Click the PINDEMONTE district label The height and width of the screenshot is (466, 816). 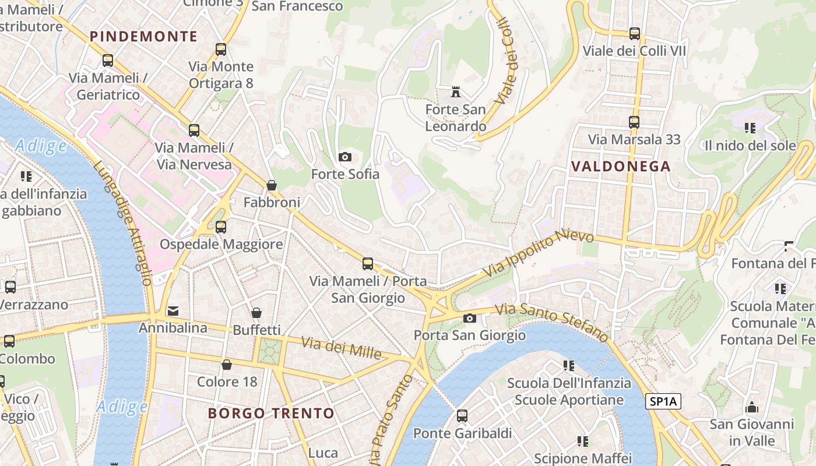click(x=143, y=36)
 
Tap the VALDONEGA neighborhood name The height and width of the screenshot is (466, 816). click(x=621, y=166)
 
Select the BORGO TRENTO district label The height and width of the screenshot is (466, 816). click(x=271, y=414)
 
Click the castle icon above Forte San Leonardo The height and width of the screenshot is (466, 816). click(x=456, y=92)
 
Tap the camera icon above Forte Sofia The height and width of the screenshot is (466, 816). click(x=345, y=157)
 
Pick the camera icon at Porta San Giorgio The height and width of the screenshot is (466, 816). click(x=469, y=318)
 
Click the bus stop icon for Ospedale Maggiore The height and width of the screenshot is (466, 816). click(x=221, y=227)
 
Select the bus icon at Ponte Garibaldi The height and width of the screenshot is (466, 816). click(x=462, y=416)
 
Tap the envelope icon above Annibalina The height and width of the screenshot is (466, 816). click(x=173, y=311)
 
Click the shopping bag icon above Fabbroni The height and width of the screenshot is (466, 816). click(x=272, y=185)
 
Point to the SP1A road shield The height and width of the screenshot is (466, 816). click(x=663, y=401)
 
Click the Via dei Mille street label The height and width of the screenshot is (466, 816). click(x=342, y=348)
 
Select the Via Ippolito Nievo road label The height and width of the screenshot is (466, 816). click(x=539, y=253)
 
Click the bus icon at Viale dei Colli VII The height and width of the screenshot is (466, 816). click(x=635, y=34)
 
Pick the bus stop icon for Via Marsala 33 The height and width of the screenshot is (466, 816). click(x=634, y=122)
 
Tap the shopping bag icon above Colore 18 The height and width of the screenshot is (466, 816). click(x=227, y=365)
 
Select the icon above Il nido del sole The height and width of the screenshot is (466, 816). click(x=750, y=128)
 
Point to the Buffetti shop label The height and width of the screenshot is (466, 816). click(x=256, y=330)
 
